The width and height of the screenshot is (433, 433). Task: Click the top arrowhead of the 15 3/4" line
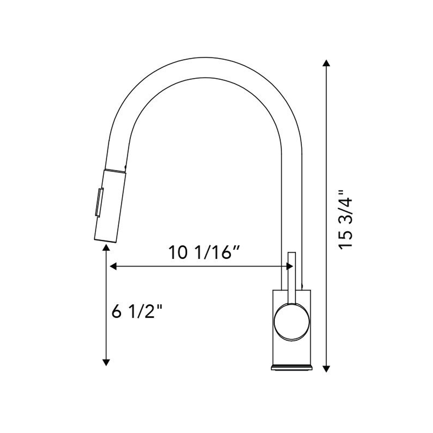point(326,64)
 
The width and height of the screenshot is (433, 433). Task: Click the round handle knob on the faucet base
point(292,321)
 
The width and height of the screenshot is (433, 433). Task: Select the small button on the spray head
point(98,202)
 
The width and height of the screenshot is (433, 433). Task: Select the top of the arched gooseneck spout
point(206,67)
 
